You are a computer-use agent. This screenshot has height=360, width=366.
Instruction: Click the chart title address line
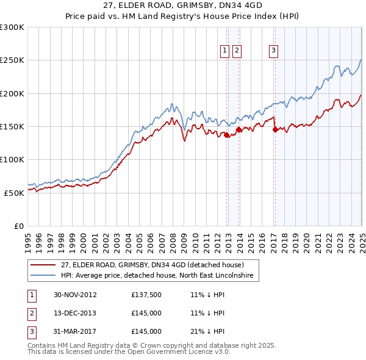click(183, 5)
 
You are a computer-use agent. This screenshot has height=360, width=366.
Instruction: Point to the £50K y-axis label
click(14, 192)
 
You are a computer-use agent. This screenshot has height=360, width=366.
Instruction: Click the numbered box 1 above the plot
click(224, 51)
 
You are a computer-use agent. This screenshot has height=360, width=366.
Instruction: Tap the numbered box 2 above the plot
click(237, 51)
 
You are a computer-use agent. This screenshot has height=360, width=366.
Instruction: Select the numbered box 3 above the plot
click(274, 51)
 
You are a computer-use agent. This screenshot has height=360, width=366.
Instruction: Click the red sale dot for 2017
click(274, 129)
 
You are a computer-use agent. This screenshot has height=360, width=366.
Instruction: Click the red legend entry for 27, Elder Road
click(152, 265)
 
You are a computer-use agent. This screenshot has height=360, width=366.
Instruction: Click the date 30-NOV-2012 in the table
click(75, 295)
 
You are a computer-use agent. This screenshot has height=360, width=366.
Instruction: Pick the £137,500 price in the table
click(146, 295)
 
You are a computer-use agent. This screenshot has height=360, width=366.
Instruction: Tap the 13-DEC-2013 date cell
click(75, 314)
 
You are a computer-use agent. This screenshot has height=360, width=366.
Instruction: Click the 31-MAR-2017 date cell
click(75, 332)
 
